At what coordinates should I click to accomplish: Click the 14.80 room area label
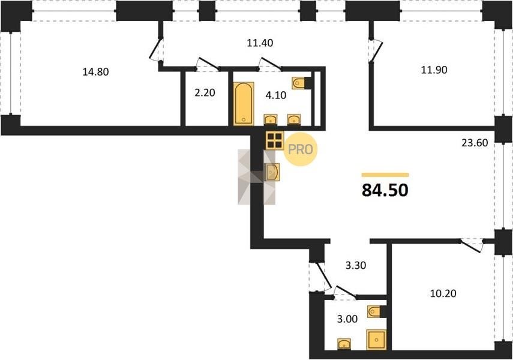95,71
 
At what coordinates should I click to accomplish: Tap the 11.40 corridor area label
260,43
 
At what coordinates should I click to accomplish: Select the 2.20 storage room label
205,93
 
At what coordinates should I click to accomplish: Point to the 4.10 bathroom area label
276,95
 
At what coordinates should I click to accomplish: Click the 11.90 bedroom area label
434,70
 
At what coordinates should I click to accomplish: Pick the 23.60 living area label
475,143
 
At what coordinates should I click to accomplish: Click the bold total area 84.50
385,190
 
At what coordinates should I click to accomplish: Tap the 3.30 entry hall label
356,265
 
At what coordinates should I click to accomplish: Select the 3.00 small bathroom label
347,319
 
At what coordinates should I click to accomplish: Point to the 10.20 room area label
443,293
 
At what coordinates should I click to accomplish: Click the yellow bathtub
244,103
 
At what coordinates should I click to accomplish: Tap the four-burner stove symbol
274,140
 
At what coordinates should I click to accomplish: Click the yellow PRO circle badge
301,149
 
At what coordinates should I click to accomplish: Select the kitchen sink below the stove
272,172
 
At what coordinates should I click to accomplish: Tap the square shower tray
376,340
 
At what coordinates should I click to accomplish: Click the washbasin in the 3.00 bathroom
344,344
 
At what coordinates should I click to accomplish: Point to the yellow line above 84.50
385,175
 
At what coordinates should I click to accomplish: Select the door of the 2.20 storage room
208,65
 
